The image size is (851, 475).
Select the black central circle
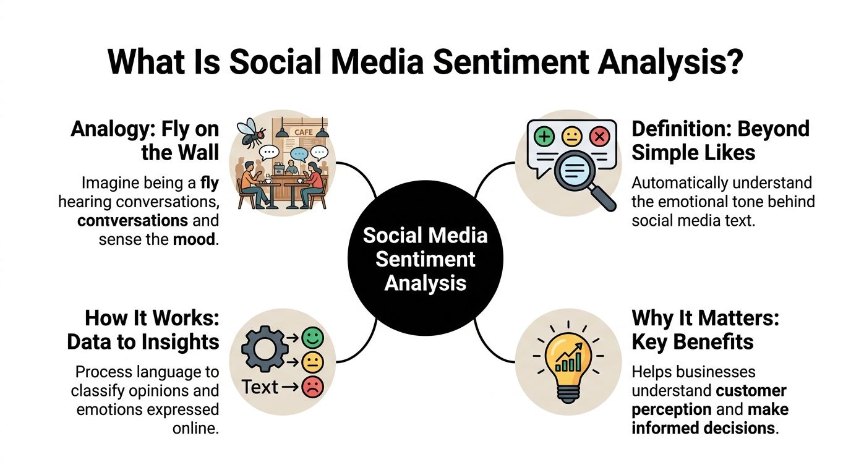click(x=426, y=259)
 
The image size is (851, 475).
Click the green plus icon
click(x=544, y=137)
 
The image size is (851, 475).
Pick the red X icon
click(x=599, y=137)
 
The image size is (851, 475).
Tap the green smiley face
click(x=313, y=338)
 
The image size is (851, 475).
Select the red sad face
click(x=313, y=387)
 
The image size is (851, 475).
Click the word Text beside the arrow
click(x=260, y=387)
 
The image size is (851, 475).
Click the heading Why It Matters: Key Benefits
click(x=705, y=330)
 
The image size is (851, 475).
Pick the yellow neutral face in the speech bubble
click(x=571, y=137)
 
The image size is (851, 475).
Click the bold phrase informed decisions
click(x=703, y=427)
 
